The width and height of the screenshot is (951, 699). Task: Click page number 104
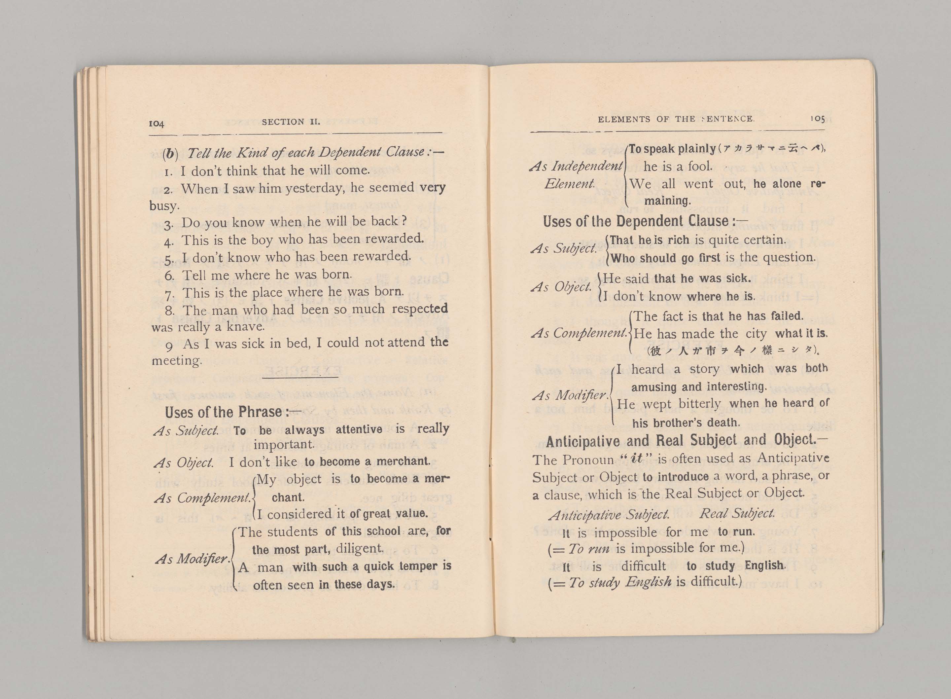156,123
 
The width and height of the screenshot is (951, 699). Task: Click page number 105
817,119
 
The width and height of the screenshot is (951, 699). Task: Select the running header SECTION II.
291,122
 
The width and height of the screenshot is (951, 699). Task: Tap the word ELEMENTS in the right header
624,119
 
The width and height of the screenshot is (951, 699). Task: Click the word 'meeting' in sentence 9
177,360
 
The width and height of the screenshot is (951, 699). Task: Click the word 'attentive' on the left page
359,429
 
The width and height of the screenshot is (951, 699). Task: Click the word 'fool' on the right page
700,166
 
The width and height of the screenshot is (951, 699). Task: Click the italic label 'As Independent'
576,166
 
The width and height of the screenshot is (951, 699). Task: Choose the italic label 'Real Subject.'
737,513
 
